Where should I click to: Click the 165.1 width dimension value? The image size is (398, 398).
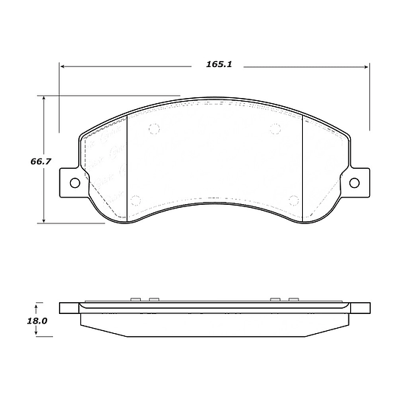pyautogui.click(x=219, y=65)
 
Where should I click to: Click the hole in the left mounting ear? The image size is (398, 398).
pyautogui.click(x=74, y=183)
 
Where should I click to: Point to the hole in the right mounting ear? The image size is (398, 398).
pyautogui.click(x=355, y=183)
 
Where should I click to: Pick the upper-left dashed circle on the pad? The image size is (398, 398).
pyautogui.click(x=154, y=130)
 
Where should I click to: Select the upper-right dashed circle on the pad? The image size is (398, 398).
pyautogui.click(x=275, y=130)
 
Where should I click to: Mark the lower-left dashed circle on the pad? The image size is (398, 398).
pyautogui.click(x=134, y=200)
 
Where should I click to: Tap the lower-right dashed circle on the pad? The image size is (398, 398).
pyautogui.click(x=294, y=200)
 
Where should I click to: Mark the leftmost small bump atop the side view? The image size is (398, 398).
pyautogui.click(x=135, y=298)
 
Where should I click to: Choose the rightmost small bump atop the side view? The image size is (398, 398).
pyautogui.click(x=293, y=298)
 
